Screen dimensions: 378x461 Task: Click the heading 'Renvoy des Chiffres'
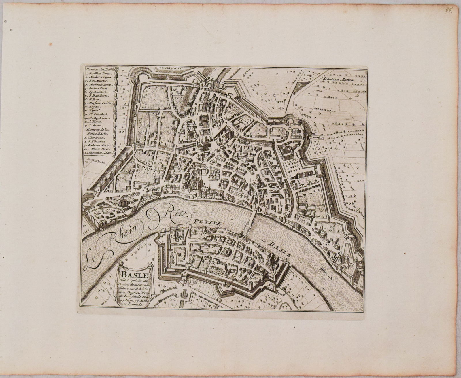point(100,69)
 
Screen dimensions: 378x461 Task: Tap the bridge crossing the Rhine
point(251,224)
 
